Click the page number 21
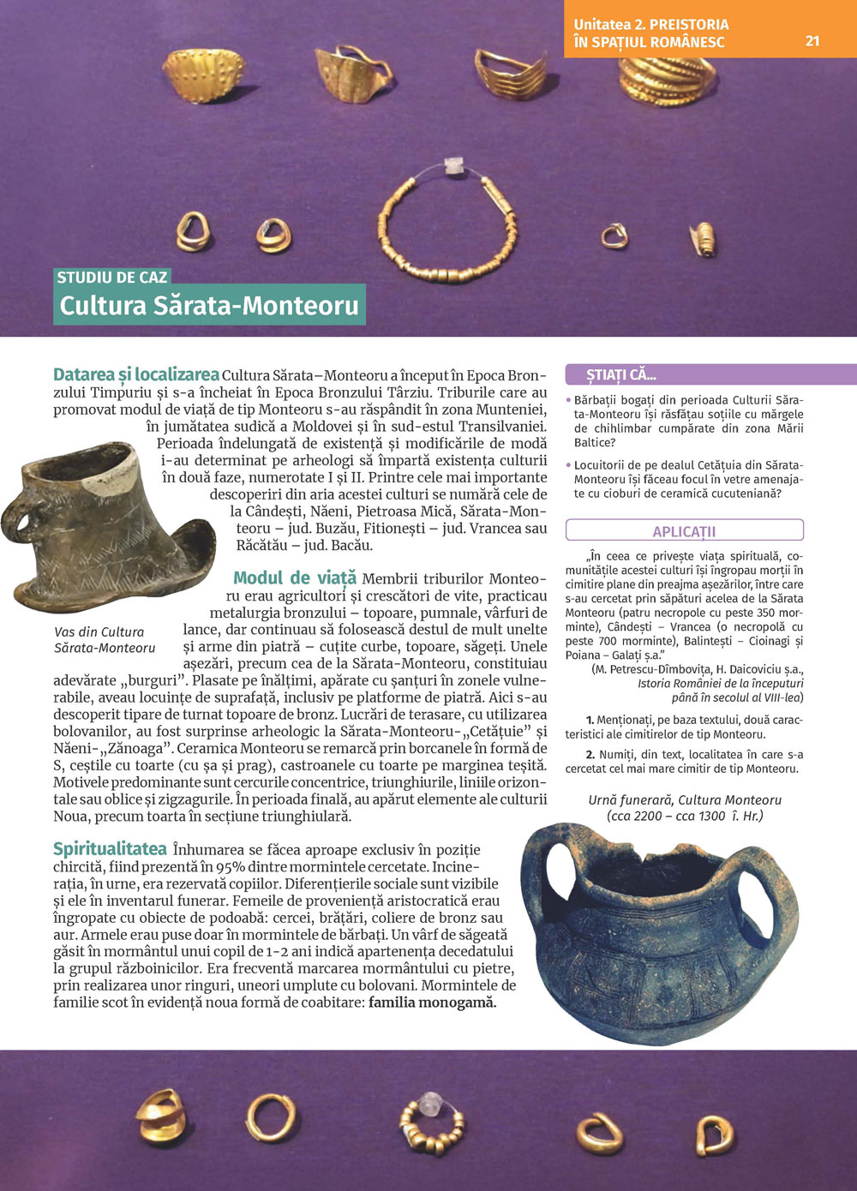coord(812,41)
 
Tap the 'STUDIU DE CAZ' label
coord(111,277)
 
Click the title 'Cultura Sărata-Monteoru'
coord(209,306)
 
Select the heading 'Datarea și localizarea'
coord(136,374)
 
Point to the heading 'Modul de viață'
coord(295,578)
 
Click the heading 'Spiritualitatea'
coord(110,849)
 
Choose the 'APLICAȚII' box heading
coord(684,531)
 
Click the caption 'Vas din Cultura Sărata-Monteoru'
coord(104,639)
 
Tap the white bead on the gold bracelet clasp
coord(452,165)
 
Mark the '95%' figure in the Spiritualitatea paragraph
coord(231,866)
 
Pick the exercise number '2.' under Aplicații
coord(590,755)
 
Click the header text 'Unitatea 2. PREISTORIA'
coord(651,24)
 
